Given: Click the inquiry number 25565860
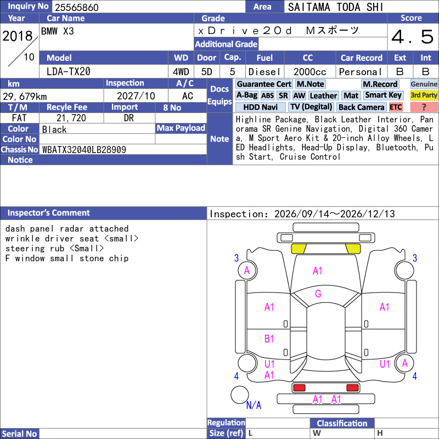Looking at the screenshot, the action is (x=76, y=7).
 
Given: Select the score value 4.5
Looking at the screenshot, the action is (x=413, y=37).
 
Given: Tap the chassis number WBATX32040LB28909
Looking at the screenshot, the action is (x=84, y=150).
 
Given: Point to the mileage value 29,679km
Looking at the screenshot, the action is (x=25, y=97).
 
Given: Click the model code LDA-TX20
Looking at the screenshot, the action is (x=68, y=72).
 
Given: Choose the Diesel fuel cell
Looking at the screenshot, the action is (x=264, y=72).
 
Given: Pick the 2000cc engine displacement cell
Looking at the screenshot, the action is (x=309, y=72).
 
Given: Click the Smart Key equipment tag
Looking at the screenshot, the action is (x=383, y=95).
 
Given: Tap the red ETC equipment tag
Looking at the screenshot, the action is (x=396, y=107).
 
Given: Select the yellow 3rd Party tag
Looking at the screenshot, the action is (x=424, y=95).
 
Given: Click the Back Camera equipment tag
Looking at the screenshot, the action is (x=362, y=107).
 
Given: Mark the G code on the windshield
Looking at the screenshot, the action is (x=318, y=294).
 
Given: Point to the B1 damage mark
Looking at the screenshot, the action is (x=269, y=339).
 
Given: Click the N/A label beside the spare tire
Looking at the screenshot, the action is (x=254, y=405).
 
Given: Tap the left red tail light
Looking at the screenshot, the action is (x=299, y=387).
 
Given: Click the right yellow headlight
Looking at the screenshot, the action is (x=353, y=249).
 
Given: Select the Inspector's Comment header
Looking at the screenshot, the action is (x=49, y=213).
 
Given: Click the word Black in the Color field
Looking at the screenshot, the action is (x=54, y=130).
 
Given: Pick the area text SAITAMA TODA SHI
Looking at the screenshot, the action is (x=335, y=7).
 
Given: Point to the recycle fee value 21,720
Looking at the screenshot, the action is (x=71, y=118).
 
